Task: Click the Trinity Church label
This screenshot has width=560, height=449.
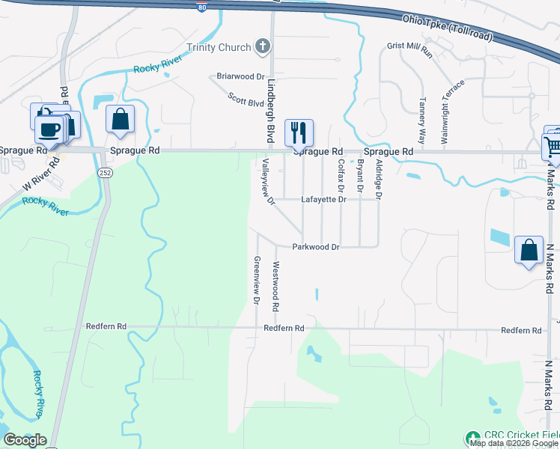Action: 219,47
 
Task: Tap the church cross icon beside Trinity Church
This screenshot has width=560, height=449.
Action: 262,47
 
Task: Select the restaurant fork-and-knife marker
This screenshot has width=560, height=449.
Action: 299,132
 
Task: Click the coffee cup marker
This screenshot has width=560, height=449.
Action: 49,129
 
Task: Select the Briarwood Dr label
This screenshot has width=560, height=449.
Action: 241,76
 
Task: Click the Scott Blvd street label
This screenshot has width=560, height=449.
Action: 246,100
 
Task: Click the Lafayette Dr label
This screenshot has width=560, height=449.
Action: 323,200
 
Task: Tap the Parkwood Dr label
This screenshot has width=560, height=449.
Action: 316,247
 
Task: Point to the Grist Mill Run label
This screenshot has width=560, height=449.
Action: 410,49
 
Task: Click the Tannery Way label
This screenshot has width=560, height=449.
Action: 422,120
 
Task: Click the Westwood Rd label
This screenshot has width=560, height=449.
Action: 276,287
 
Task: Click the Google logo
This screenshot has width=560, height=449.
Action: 25,440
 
